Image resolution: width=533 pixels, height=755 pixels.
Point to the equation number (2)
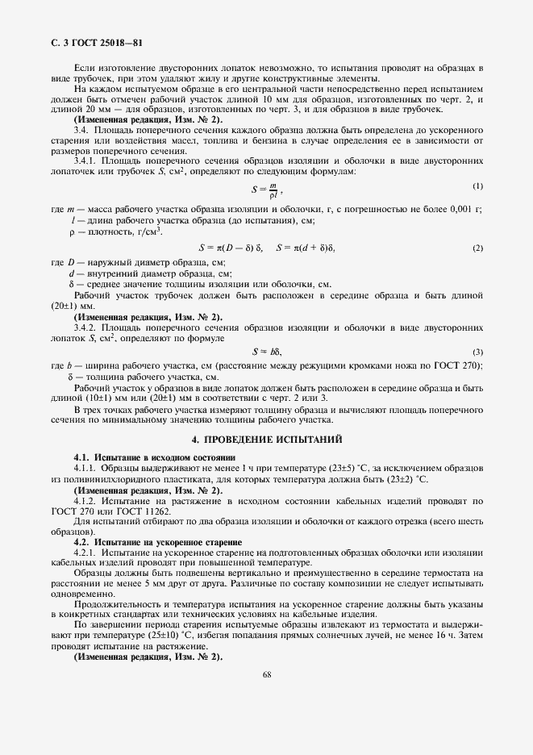coord(478,247)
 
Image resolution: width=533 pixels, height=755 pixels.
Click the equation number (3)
coord(478,352)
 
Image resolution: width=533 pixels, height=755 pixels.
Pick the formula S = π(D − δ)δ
coord(231,248)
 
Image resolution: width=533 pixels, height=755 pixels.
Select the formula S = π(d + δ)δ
coord(305,248)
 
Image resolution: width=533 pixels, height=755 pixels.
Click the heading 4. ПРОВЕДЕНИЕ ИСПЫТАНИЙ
coord(266,440)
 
